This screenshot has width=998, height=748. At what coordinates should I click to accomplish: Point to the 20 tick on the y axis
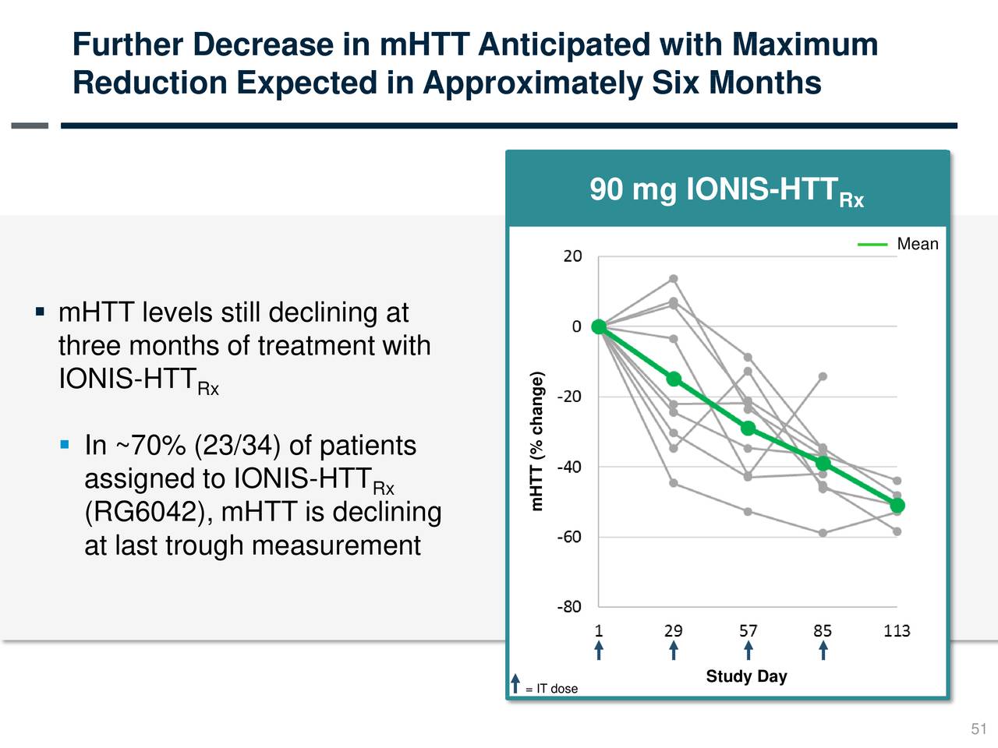click(x=572, y=256)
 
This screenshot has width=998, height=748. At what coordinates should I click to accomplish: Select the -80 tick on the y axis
click(x=569, y=607)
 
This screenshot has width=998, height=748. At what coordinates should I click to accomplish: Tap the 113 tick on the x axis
click(x=897, y=630)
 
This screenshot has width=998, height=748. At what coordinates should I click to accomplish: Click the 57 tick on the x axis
click(x=748, y=630)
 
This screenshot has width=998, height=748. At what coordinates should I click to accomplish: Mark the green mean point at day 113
click(x=897, y=506)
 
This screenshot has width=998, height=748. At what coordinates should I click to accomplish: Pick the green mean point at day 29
click(x=674, y=379)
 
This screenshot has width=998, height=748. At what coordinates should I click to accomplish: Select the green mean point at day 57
click(x=748, y=429)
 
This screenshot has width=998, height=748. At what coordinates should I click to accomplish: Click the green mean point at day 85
click(x=823, y=464)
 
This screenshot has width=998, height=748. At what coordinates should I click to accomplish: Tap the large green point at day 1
click(x=599, y=326)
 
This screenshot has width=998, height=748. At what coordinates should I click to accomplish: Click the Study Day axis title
click(x=746, y=676)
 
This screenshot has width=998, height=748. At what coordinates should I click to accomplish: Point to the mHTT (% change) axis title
click(x=536, y=441)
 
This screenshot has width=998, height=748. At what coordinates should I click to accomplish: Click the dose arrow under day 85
click(x=823, y=651)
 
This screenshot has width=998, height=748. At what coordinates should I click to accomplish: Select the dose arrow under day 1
click(x=598, y=651)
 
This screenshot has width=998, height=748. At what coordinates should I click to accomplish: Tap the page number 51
click(x=979, y=729)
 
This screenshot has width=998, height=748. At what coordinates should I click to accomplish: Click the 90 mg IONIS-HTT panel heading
click(x=726, y=190)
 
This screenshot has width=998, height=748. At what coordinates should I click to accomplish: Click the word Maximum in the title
click(x=805, y=44)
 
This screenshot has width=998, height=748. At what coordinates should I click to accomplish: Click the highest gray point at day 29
click(x=673, y=279)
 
